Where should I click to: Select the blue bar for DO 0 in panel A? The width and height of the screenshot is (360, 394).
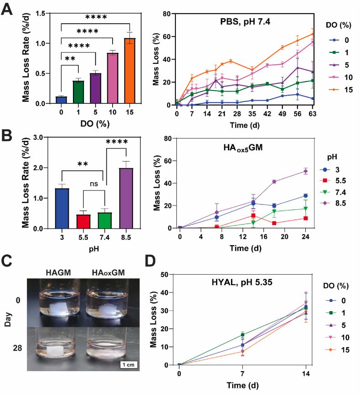click(61, 100)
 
